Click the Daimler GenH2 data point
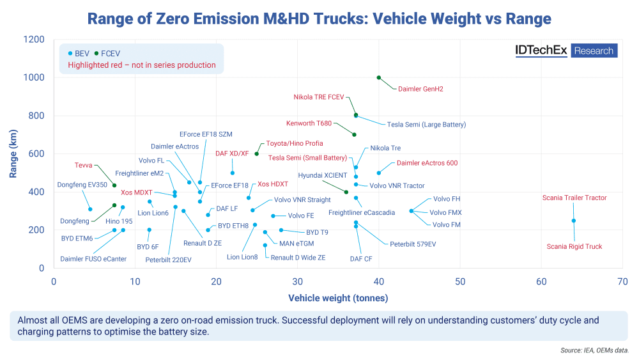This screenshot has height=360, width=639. (x=379, y=77)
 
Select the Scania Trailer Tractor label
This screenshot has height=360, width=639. (x=574, y=198)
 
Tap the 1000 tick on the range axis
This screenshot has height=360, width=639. (x=35, y=77)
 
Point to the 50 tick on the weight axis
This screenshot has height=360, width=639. (x=460, y=281)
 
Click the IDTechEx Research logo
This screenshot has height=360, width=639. (x=566, y=51)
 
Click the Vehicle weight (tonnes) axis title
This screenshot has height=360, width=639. (x=338, y=298)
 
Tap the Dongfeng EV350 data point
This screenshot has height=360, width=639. (x=90, y=209)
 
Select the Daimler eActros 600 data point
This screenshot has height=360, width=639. (x=379, y=173)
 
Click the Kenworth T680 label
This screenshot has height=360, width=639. (x=309, y=123)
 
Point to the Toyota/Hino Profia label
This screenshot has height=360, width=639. (x=295, y=144)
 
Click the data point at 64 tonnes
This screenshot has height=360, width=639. (x=574, y=221)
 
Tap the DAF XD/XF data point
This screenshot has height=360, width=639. (x=233, y=173)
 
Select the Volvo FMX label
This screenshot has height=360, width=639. (x=445, y=212)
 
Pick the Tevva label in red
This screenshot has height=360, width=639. (x=84, y=165)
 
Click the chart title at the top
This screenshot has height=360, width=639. (x=319, y=19)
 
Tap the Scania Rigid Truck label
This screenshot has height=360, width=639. (x=574, y=247)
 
